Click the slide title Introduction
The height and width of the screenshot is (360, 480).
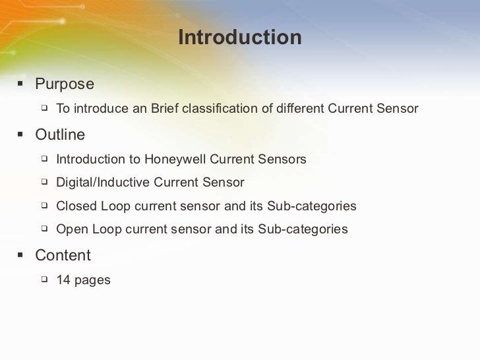239,38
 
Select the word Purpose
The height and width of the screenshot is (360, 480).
65,84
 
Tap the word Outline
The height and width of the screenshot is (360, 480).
60,135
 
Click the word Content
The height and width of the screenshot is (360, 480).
63,255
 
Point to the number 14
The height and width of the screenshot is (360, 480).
63,280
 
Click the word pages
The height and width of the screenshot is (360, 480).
92,280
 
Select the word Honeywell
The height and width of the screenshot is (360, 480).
174,160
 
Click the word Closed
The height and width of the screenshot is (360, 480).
76,206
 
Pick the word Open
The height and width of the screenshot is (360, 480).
72,230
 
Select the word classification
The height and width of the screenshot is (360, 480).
224,108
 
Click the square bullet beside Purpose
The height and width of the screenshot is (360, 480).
20,84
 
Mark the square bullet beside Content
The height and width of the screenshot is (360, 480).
20,255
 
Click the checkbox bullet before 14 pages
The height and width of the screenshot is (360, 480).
44,280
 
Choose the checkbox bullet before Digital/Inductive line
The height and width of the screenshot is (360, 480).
44,182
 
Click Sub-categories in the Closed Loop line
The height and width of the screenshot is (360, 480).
311,206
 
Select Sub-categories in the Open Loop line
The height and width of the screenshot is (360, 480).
303,230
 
